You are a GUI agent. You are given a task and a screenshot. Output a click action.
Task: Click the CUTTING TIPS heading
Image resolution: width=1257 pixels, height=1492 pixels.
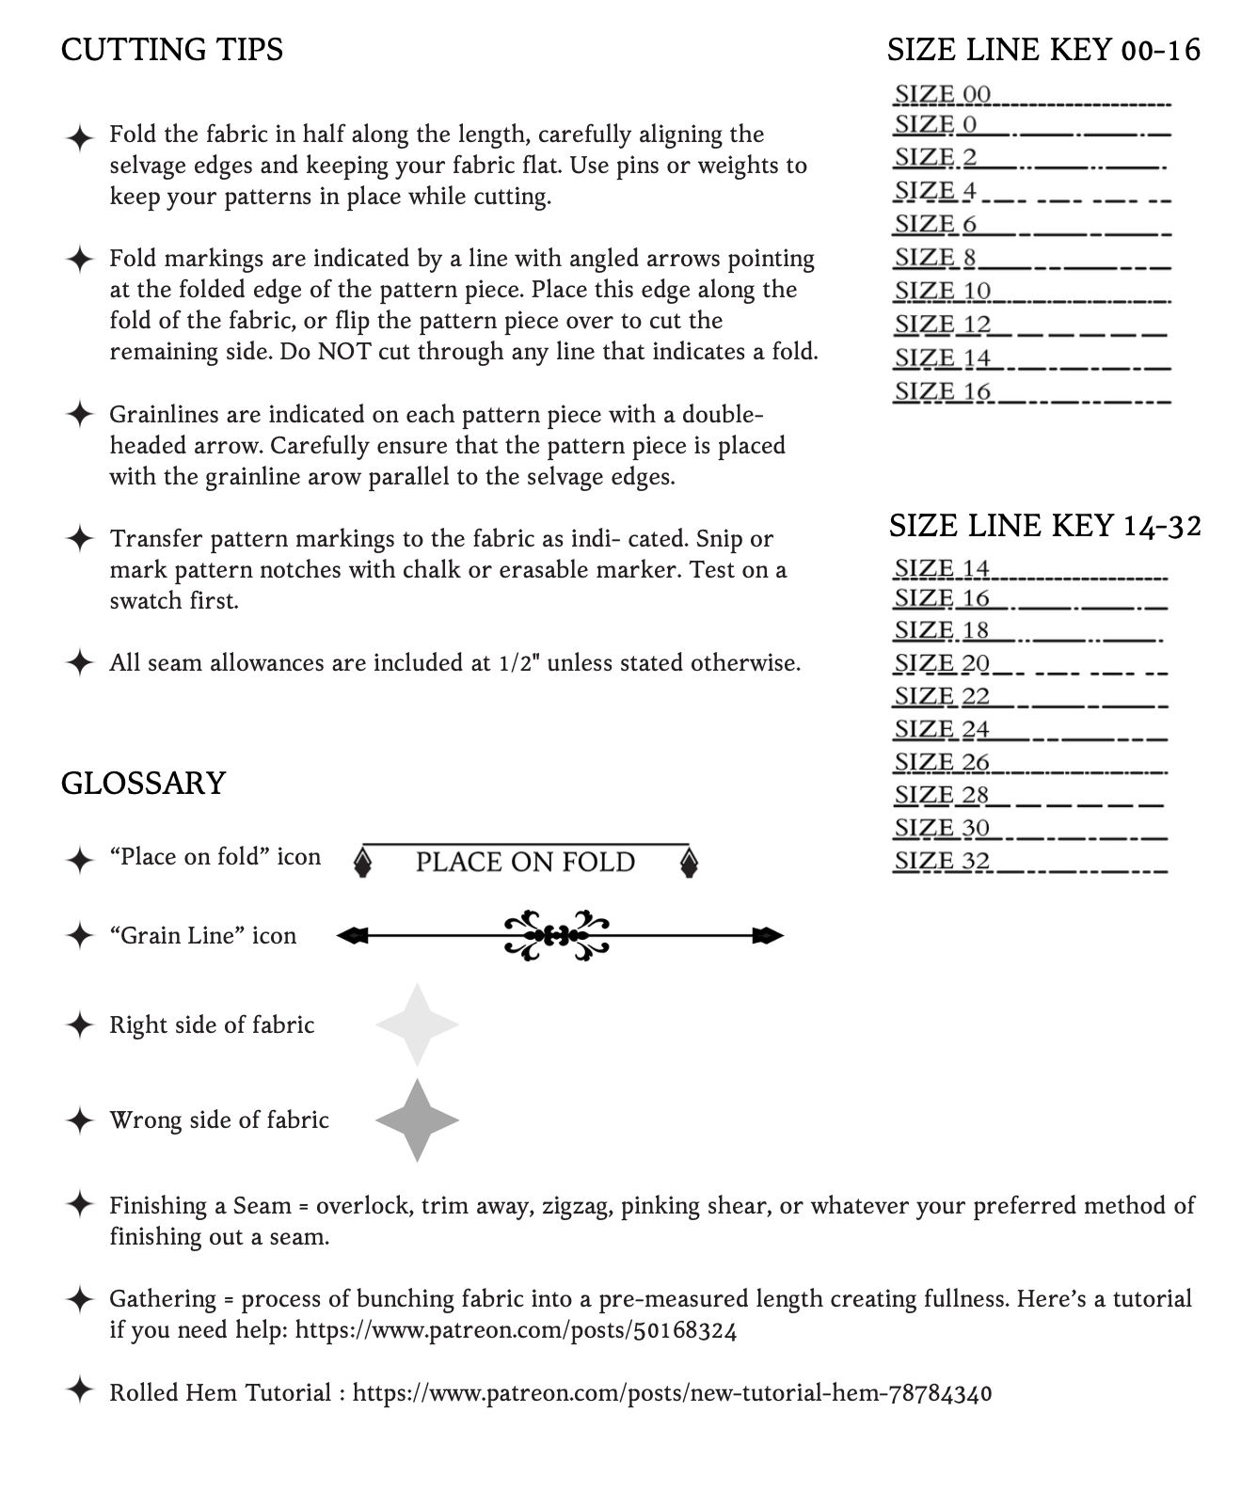[172, 49]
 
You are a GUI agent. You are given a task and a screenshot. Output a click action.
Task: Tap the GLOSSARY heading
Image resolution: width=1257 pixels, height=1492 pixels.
[143, 783]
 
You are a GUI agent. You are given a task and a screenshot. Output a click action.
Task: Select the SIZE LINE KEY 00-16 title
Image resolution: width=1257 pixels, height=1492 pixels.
[1043, 49]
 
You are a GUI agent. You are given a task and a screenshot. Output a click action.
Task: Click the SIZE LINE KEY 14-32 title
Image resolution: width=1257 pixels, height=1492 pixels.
[1044, 525]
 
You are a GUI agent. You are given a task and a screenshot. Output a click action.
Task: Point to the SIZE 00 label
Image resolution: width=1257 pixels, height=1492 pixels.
[942, 94]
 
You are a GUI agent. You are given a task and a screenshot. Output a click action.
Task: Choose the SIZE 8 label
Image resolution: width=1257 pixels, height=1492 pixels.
[935, 257]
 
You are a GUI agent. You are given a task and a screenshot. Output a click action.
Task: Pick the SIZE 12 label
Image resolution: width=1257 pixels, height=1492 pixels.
[942, 325]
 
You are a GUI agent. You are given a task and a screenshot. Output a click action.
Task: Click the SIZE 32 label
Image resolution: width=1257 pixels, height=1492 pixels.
[942, 861]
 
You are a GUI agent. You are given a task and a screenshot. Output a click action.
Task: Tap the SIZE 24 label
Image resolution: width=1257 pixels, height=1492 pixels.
[942, 729]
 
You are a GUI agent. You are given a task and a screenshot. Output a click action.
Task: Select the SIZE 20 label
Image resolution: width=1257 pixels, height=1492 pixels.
[942, 663]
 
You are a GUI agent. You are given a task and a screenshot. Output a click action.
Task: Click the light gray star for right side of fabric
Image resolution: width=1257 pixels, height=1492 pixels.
[417, 1024]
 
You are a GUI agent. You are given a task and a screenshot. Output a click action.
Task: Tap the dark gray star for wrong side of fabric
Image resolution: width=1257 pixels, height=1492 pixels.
[417, 1120]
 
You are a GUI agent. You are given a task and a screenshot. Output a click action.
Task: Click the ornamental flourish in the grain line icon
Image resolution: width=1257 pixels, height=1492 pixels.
[557, 935]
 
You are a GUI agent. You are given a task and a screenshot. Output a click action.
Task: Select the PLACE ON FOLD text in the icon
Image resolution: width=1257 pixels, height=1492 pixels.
[525, 862]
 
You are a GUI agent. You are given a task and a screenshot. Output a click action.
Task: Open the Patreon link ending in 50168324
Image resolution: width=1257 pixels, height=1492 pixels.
[516, 1330]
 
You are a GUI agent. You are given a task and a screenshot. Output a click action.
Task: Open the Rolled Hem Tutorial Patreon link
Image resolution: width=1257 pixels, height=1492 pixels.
[672, 1393]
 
